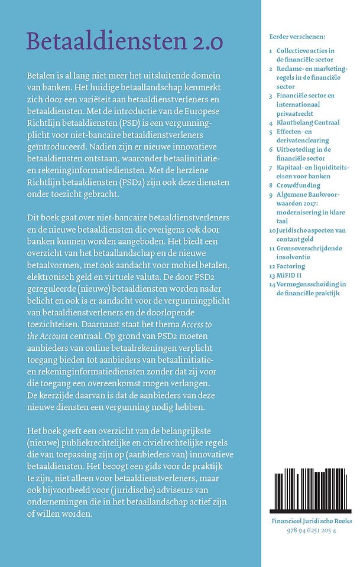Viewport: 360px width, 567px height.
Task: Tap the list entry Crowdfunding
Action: click(300, 185)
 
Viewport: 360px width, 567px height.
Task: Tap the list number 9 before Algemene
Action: click(270, 194)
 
